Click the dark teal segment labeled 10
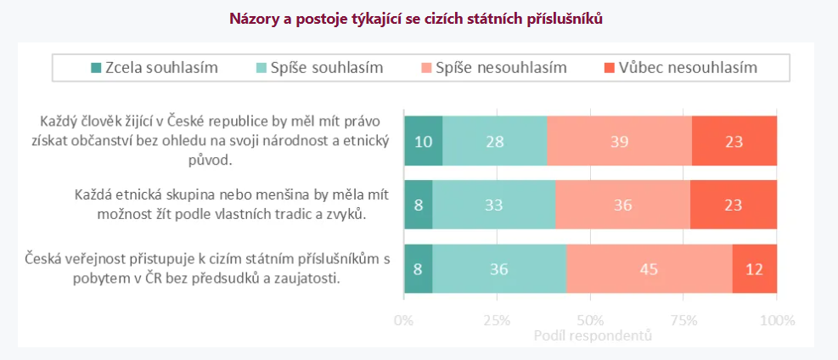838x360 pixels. pyautogui.click(x=423, y=140)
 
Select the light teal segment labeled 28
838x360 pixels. pyautogui.click(x=494, y=140)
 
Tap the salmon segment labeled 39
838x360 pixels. pyautogui.click(x=619, y=140)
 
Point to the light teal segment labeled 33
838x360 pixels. pyautogui.click(x=494, y=205)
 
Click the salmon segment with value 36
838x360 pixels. pyautogui.click(x=622, y=205)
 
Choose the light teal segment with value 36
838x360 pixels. pyautogui.click(x=499, y=269)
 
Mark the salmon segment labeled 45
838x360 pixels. pyautogui.click(x=650, y=269)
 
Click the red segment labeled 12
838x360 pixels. pyautogui.click(x=755, y=269)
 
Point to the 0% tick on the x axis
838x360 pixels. pyautogui.click(x=404, y=320)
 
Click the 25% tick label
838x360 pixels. pyautogui.click(x=497, y=320)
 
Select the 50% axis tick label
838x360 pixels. pyautogui.click(x=590, y=320)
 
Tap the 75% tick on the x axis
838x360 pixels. pyautogui.click(x=683, y=320)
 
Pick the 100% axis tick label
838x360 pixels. pyautogui.click(x=777, y=320)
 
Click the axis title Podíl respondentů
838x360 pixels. pyautogui.click(x=593, y=336)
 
